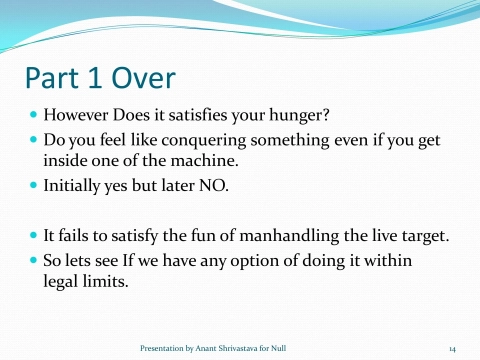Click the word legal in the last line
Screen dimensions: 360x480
(60, 282)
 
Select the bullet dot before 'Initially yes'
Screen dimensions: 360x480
(33, 186)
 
